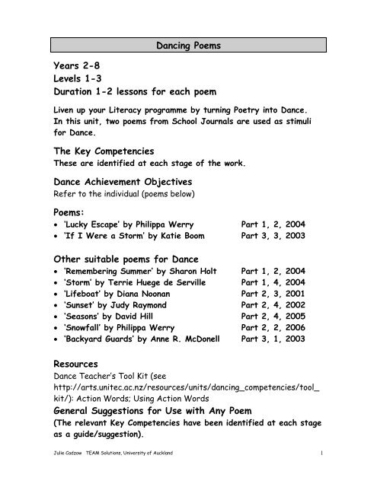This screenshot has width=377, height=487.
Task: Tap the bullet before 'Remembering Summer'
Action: [35, 269]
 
